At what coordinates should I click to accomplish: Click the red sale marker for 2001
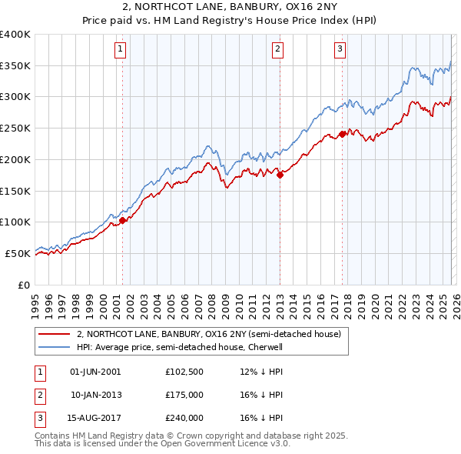point(122,220)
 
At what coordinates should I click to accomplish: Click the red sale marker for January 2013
point(280,175)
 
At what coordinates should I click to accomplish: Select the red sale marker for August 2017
point(342,134)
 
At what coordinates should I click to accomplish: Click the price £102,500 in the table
point(184,372)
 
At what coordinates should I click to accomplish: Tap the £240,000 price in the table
point(184,418)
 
